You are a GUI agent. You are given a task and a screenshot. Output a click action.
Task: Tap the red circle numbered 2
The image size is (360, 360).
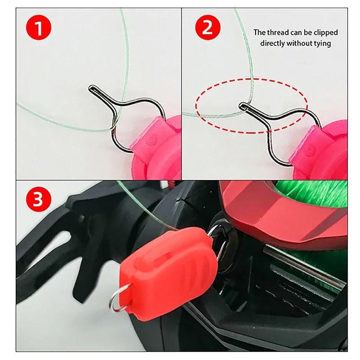click(x=207, y=28)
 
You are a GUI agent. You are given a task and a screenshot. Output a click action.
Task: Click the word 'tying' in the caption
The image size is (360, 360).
click(x=322, y=44)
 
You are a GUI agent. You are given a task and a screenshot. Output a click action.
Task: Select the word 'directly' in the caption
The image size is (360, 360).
click(x=272, y=44)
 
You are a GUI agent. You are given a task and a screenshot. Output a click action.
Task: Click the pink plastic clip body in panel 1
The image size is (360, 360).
click(x=158, y=148)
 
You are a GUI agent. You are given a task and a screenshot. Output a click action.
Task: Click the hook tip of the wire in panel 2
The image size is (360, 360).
click(x=242, y=105)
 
